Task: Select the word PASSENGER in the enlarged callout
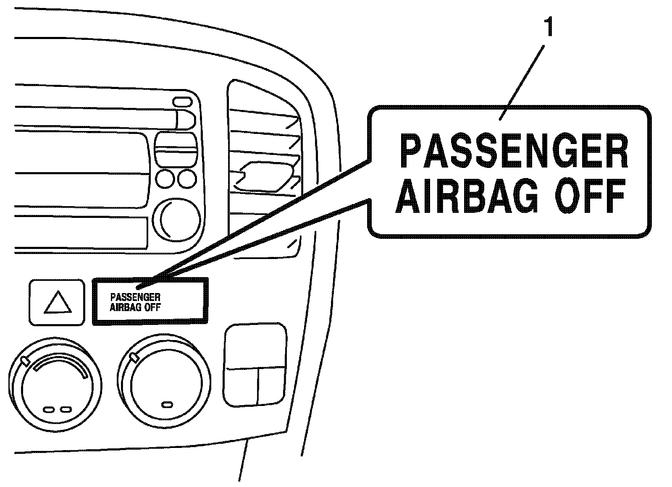[x=513, y=152]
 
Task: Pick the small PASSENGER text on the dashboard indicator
[x=135, y=297]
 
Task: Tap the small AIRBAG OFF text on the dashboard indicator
[x=135, y=307]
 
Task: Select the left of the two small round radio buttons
[x=165, y=179]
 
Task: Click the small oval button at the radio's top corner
[x=182, y=101]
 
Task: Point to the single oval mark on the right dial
[x=168, y=405]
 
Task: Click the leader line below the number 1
[x=523, y=80]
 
